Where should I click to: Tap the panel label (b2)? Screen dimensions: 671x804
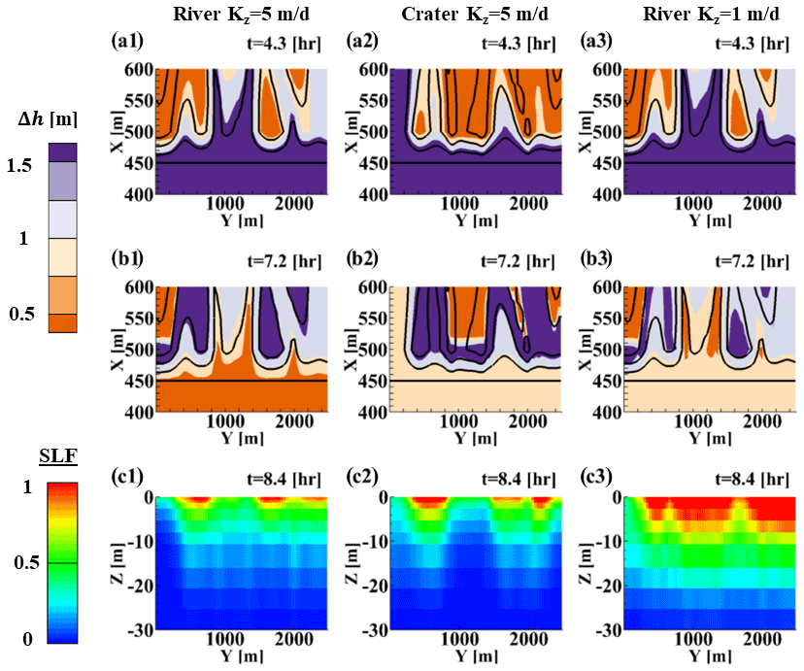point(366,259)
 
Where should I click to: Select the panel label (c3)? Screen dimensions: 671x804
point(603,478)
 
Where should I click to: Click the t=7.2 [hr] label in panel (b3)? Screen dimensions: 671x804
point(759,261)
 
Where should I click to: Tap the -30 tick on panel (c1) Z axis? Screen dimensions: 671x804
point(138,628)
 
